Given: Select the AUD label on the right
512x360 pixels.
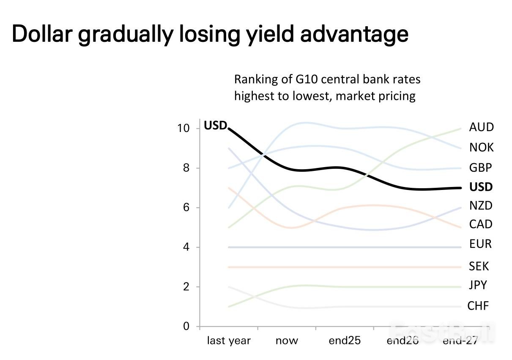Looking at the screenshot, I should [481, 127].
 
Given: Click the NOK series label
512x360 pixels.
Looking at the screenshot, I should [481, 148].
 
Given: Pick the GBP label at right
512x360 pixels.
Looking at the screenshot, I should [481, 168].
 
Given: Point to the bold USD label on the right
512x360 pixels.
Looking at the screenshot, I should [481, 187].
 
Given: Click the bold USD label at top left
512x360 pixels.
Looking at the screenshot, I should [216, 126].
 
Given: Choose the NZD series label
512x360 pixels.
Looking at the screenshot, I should [481, 206].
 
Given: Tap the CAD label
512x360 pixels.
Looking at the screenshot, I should [481, 224].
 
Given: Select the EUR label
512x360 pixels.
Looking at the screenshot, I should [480, 244].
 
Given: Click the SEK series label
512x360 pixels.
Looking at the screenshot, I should [479, 266].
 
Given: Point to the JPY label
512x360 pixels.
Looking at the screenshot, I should [478, 285].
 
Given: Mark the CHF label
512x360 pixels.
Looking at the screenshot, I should [478, 305].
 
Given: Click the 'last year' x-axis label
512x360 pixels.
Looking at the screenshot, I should [229, 341].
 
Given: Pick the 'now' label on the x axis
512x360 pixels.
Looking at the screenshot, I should [287, 341].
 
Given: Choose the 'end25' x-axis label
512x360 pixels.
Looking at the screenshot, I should [345, 341].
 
